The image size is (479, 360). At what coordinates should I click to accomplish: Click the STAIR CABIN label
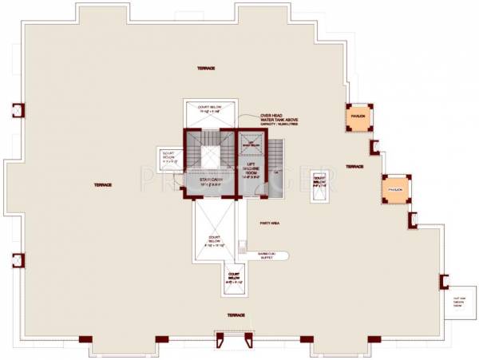click(210, 181)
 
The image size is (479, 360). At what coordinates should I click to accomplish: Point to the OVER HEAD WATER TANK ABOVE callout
click(279, 117)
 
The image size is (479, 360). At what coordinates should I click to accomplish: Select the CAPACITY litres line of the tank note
click(279, 125)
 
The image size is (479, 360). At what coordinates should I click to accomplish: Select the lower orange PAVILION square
click(396, 188)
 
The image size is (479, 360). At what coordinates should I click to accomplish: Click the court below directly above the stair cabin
click(210, 113)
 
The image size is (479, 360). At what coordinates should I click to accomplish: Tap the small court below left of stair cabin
click(170, 156)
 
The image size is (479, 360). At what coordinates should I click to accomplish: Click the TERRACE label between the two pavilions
click(355, 166)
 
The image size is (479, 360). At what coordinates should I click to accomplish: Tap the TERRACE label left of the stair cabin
click(101, 184)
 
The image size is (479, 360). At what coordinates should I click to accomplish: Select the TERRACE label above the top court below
click(207, 69)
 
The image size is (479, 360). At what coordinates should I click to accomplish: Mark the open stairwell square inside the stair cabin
click(210, 156)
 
